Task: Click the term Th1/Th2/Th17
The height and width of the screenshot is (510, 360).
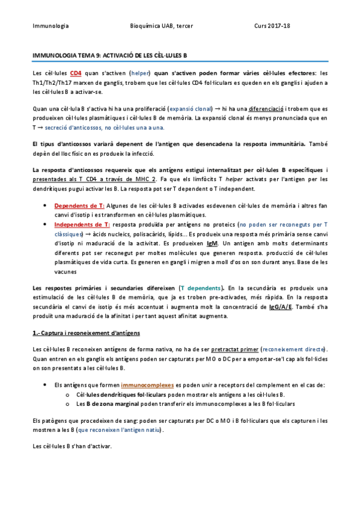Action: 53,82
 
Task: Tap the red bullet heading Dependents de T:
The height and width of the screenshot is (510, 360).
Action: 79,206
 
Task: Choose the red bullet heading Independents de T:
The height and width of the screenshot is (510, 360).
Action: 82,224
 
